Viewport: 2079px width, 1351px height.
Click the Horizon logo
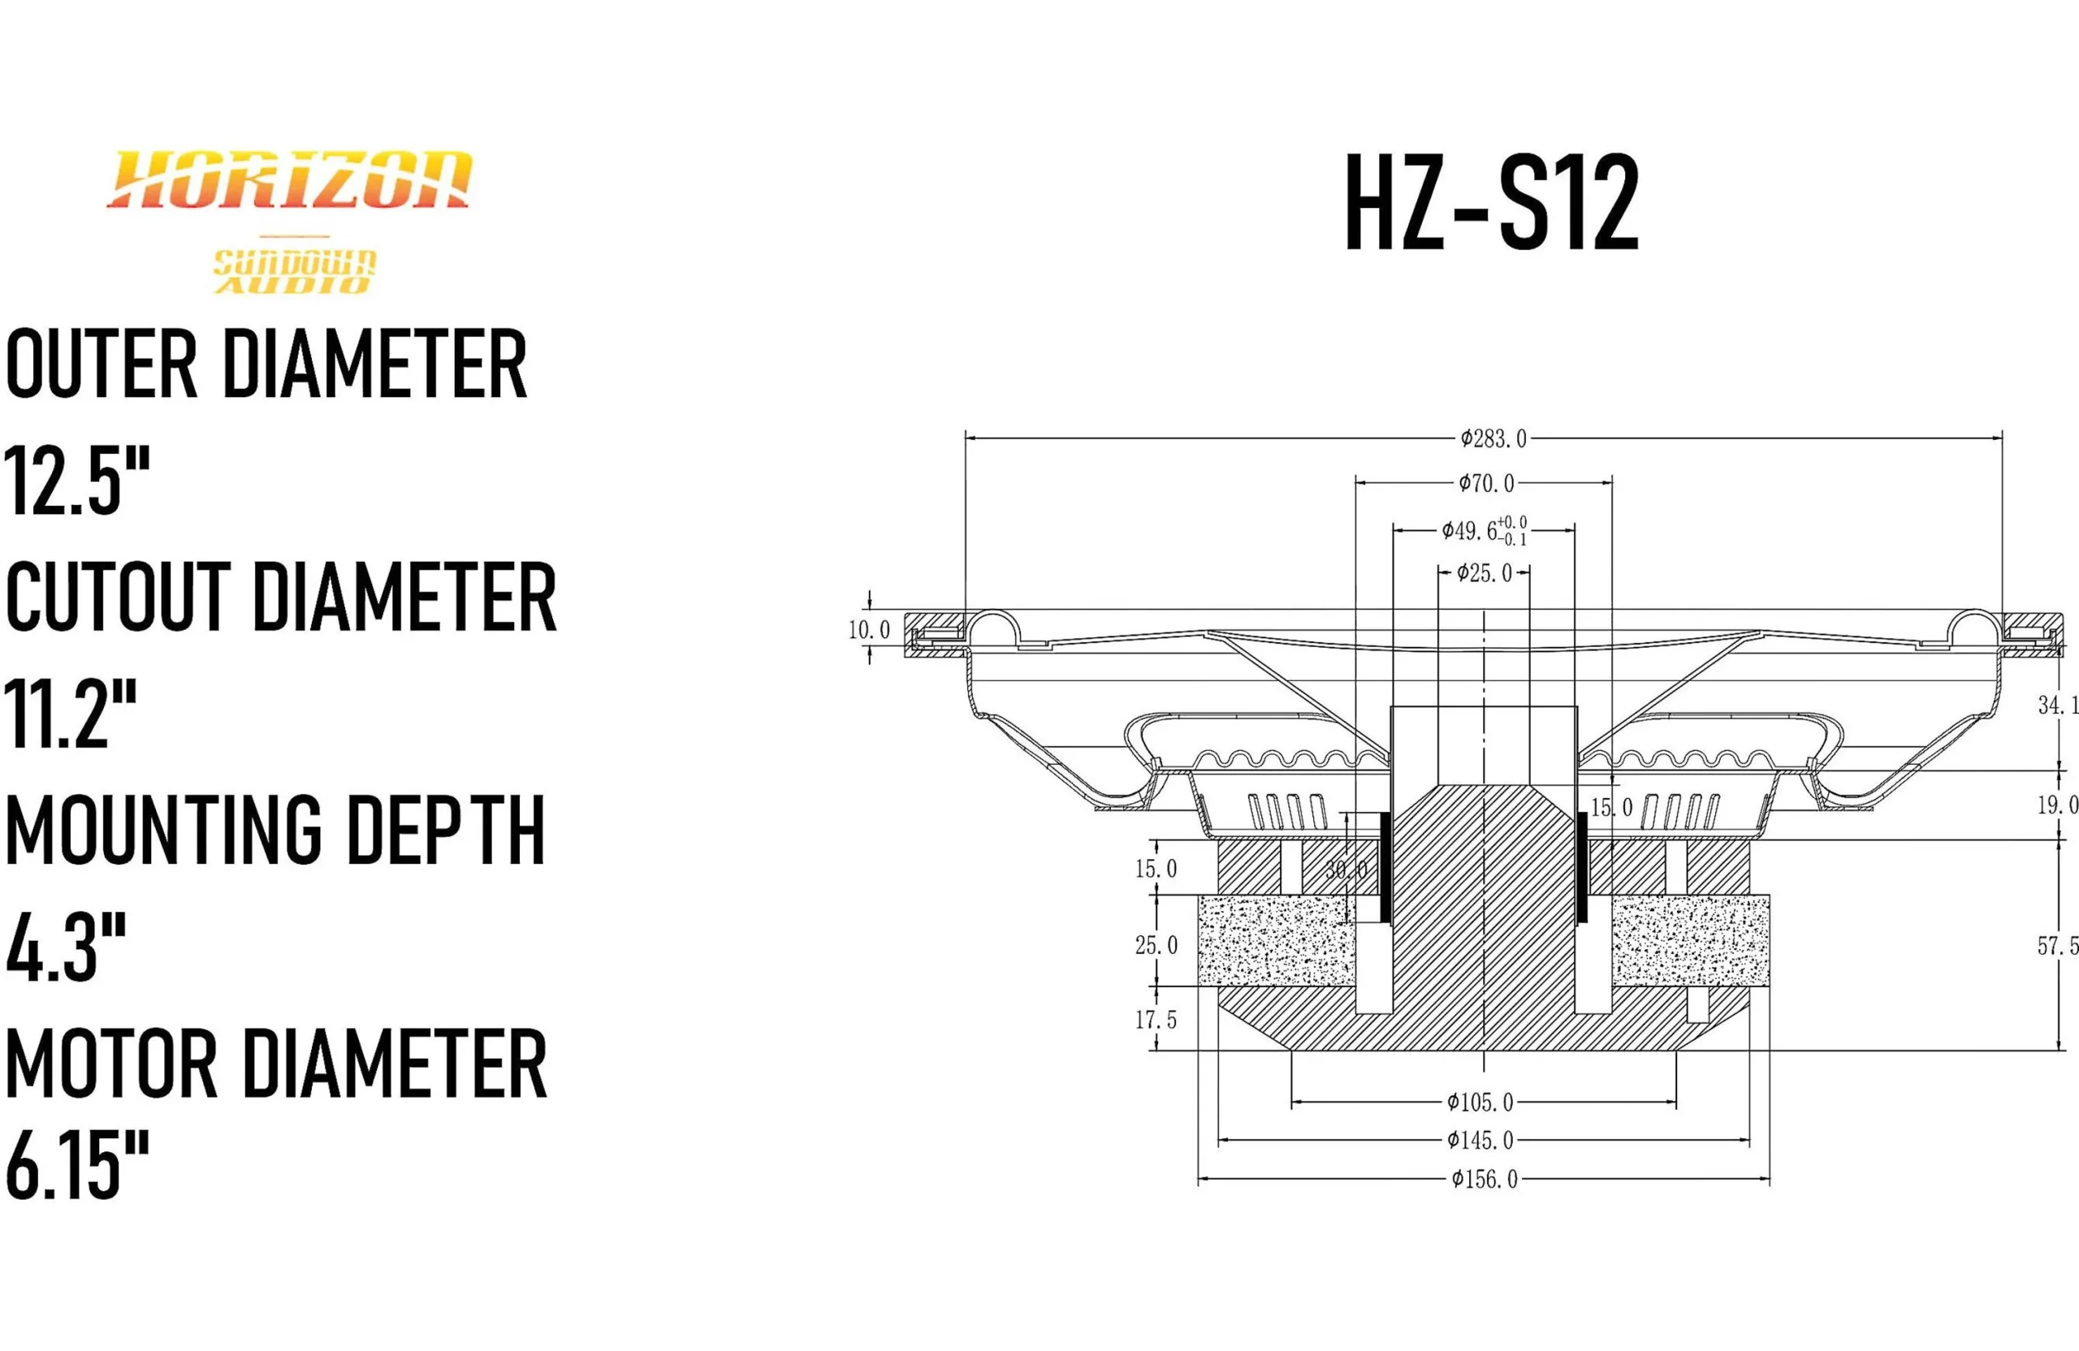289,181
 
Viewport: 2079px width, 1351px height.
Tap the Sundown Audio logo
294,272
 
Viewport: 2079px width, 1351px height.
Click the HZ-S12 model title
1490,204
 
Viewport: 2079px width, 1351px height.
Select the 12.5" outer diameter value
78,481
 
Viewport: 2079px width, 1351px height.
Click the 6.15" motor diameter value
78,1165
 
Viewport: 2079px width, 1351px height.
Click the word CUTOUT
118,598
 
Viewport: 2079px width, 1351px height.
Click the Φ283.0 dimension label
1493,438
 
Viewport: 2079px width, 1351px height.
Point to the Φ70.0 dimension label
1486,482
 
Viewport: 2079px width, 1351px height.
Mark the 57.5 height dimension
2057,947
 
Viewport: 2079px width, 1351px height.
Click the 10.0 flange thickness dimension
869,630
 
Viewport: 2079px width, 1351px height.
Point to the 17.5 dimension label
1156,1019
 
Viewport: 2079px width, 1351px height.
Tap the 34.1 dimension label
2057,705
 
